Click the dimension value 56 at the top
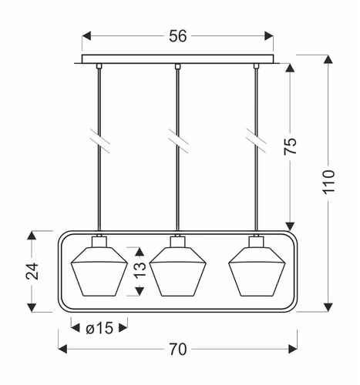coord(178,36)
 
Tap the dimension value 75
coord(291,147)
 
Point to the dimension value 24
coord(31,271)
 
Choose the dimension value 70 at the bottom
coord(178,349)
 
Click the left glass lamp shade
coord(99,273)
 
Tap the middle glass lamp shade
coord(178,273)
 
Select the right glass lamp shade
coord(256,273)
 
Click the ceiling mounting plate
coord(178,59)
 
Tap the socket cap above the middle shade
coord(178,241)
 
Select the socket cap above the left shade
coord(99,241)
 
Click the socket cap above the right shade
coord(256,241)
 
